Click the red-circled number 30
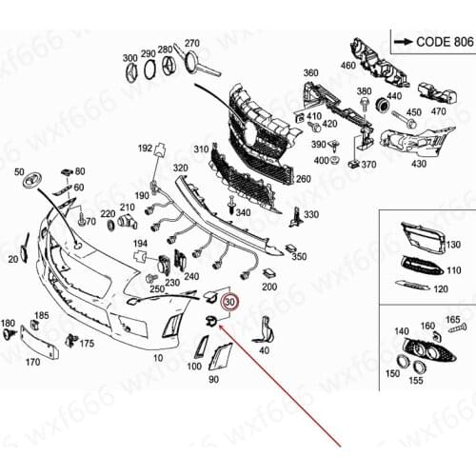229,302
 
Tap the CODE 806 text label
432,42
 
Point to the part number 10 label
157,359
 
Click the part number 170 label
31,363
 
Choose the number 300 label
129,58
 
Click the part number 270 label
192,44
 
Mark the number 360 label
311,73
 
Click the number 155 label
417,380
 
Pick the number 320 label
180,168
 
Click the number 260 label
303,177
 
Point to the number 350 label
299,257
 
